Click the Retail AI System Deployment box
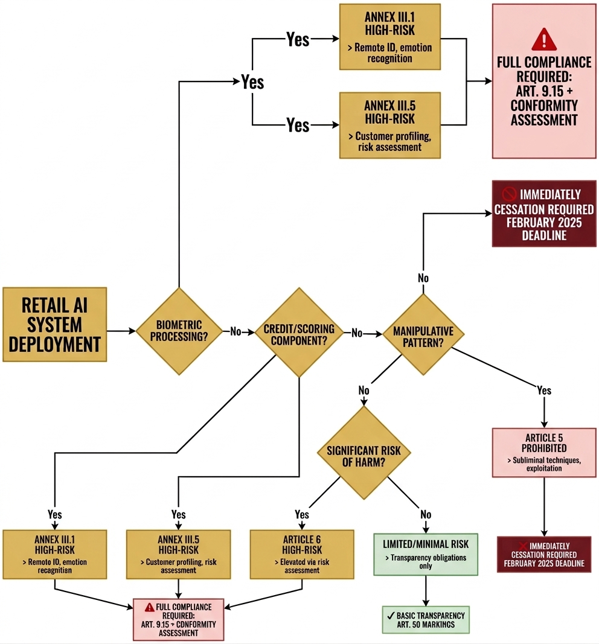click(x=54, y=324)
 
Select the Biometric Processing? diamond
click(x=179, y=331)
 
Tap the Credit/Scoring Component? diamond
click(x=299, y=332)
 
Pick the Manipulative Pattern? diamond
click(x=423, y=333)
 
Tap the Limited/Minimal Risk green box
click(x=426, y=554)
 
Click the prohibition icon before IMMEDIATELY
click(x=508, y=194)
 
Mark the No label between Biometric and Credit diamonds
click(x=235, y=331)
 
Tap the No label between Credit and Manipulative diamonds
click(x=357, y=332)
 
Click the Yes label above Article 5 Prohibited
click(x=544, y=391)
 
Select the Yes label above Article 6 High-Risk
click(x=302, y=514)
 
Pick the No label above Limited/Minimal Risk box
click(x=426, y=514)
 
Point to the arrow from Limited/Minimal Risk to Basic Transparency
click(x=426, y=590)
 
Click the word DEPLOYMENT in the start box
click(x=55, y=344)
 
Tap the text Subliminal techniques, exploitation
click(x=545, y=464)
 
